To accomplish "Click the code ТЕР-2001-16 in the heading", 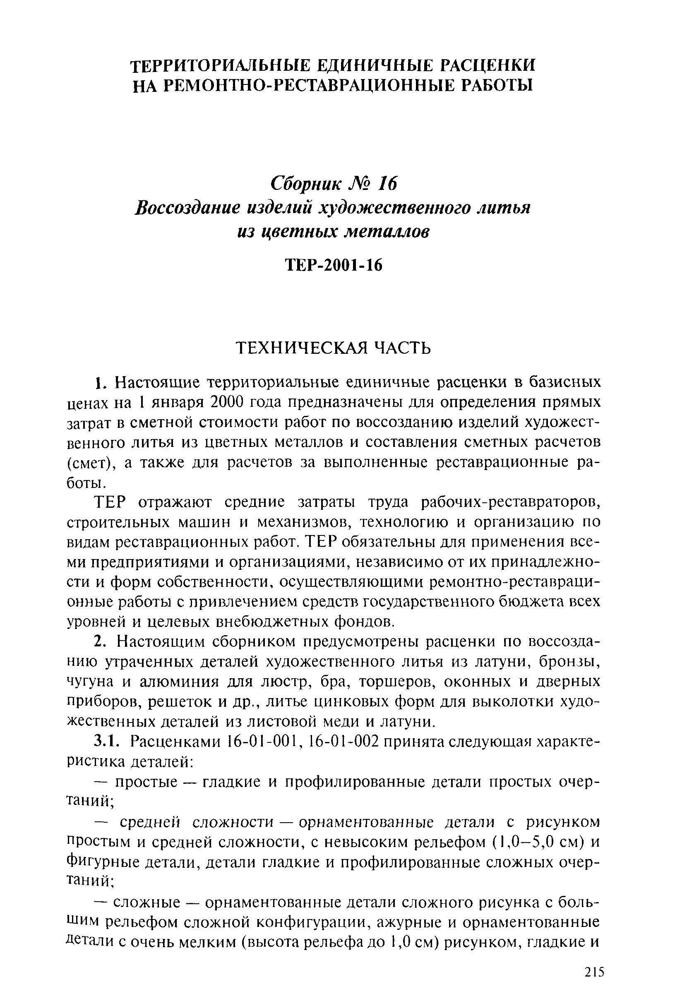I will pyautogui.click(x=334, y=265).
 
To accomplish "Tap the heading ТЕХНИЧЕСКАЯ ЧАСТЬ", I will pyautogui.click(x=334, y=348).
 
